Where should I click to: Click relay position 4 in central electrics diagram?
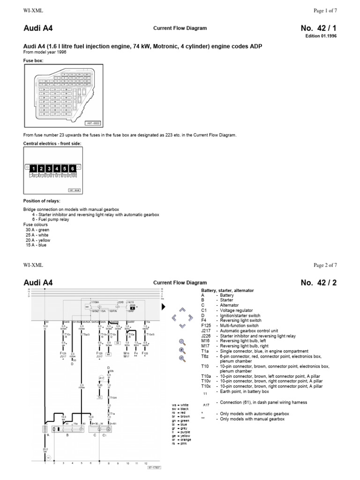[57, 168]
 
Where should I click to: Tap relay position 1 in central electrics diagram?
[33, 168]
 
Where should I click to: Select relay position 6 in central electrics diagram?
[73, 168]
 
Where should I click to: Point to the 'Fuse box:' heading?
[33, 60]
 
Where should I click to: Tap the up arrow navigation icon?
[182, 310]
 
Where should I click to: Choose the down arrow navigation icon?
[182, 326]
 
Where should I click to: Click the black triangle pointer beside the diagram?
[163, 307]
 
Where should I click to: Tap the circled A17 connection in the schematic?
[101, 377]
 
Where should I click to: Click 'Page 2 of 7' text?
[325, 265]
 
